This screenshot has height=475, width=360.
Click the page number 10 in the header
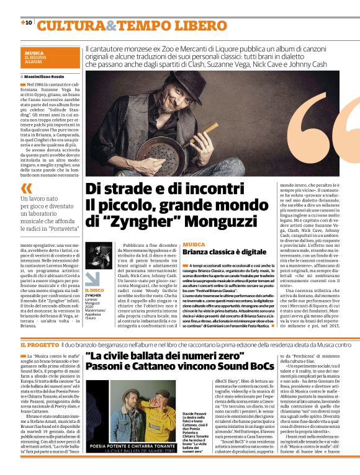pyautogui.click(x=27, y=22)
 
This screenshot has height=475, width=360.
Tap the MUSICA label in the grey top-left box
pyautogui.click(x=35, y=53)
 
